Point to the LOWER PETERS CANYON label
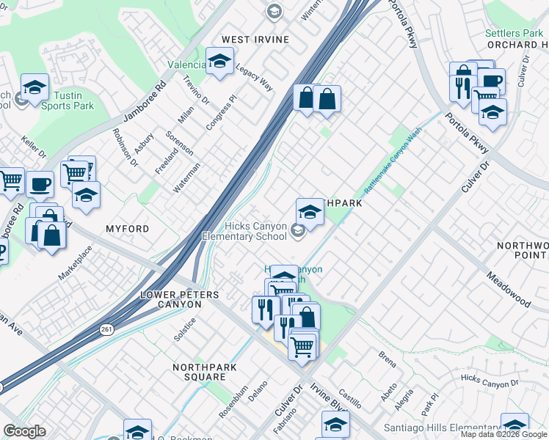(180, 299)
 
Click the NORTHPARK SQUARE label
(199, 372)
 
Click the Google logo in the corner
(24, 431)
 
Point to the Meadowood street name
(509, 287)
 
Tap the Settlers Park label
(514, 33)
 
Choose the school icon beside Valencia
(218, 63)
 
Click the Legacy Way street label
(253, 76)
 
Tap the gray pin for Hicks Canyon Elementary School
(297, 232)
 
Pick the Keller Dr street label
(34, 147)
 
